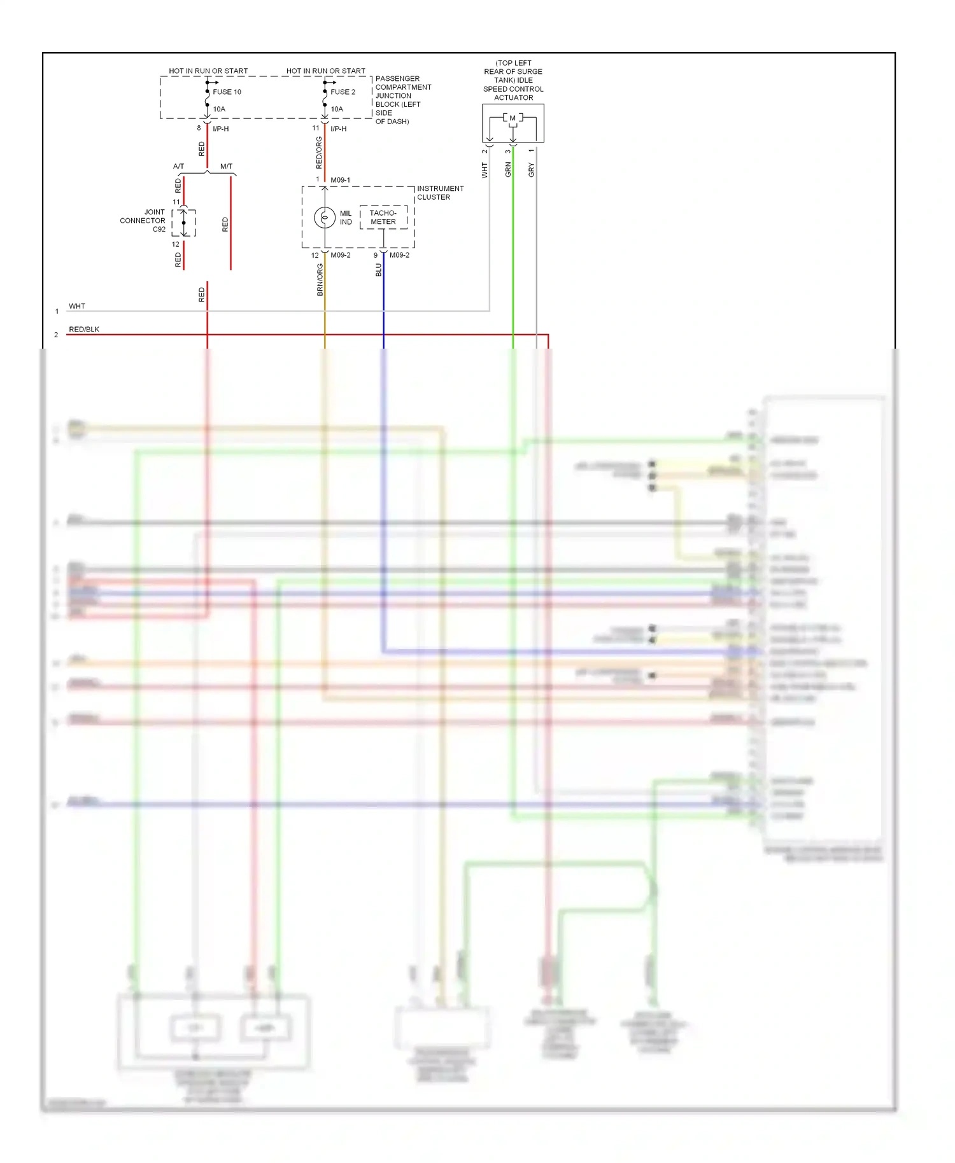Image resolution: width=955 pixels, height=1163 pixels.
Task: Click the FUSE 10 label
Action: point(227,92)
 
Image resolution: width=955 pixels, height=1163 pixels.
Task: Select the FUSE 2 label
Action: point(343,92)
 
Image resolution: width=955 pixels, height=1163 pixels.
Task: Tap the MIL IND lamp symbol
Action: point(325,218)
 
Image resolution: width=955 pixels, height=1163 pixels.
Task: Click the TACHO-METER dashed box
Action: point(383,218)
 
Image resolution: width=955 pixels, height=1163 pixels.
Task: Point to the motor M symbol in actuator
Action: point(513,118)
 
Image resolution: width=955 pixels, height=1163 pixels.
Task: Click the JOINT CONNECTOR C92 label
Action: point(143,221)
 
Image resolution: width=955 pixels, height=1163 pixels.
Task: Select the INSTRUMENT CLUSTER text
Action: point(440,193)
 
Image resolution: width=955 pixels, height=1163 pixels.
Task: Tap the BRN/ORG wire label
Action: point(320,280)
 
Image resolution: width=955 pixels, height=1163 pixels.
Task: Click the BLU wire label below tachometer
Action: point(379,270)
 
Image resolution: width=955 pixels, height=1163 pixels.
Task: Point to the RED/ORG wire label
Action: point(320,153)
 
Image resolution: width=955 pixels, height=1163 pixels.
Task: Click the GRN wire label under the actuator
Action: point(508,169)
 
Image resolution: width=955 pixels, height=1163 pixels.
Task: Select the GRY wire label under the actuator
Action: point(532,170)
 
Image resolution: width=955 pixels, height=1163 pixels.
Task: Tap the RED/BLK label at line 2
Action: point(84,330)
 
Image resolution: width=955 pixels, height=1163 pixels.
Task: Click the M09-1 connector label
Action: point(340,180)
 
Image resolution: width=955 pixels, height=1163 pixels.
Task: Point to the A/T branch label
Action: point(178,167)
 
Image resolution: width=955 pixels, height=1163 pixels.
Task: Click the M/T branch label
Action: point(226,167)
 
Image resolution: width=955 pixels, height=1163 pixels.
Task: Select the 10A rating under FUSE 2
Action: point(337,109)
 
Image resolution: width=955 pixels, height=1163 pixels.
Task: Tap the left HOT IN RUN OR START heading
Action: point(208,71)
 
